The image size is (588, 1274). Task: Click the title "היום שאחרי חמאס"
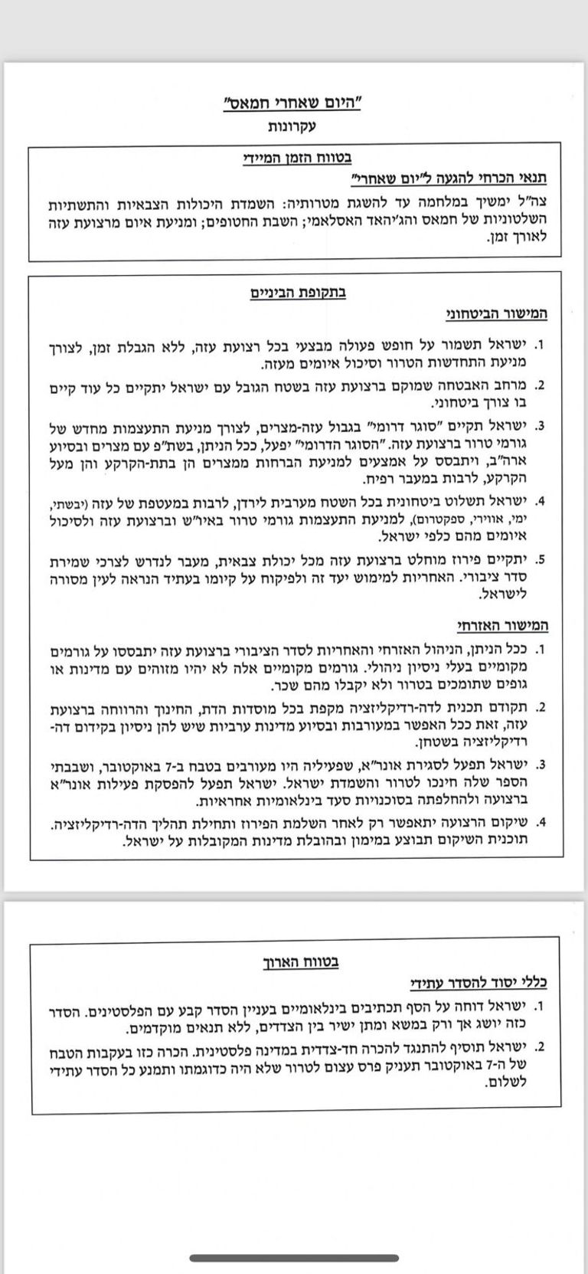click(x=293, y=103)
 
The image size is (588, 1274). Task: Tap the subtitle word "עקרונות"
click(x=293, y=126)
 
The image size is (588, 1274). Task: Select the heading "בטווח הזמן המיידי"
click(x=294, y=159)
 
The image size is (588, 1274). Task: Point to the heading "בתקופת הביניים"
click(x=293, y=293)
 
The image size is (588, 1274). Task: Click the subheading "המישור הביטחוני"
click(x=498, y=314)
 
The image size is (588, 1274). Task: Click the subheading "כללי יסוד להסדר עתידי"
click(x=479, y=983)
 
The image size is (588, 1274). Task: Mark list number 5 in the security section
click(x=540, y=560)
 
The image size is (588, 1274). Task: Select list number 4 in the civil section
click(x=540, y=824)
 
